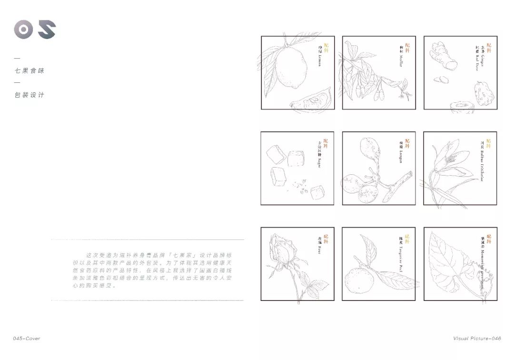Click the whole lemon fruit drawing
pos(288,69)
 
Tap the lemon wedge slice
pos(309,101)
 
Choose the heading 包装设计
pos(30,95)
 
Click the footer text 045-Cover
pos(27,339)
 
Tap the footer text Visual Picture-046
pos(477,339)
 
